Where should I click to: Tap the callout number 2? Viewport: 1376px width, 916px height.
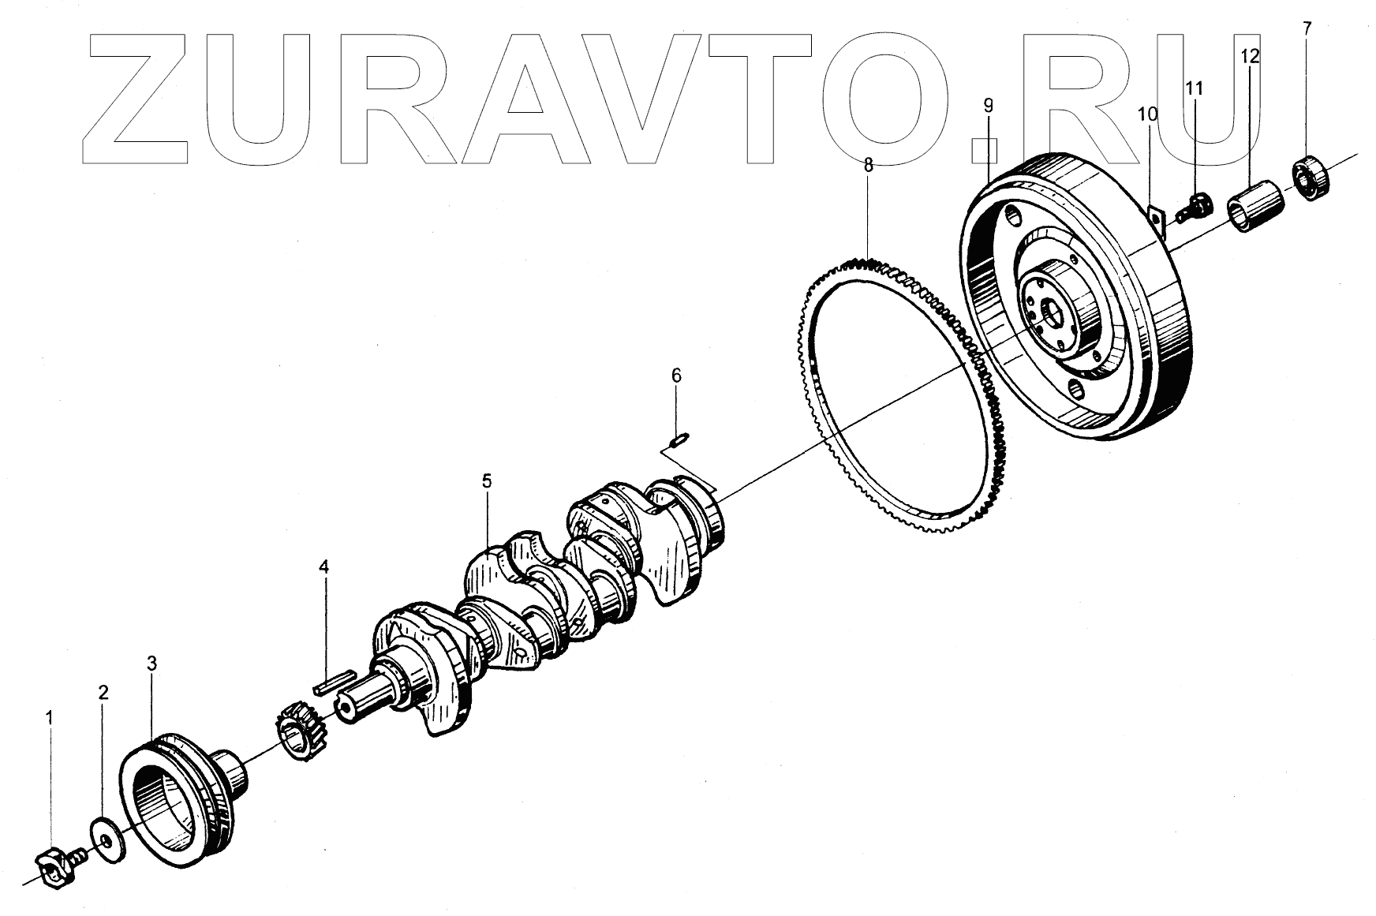tap(103, 693)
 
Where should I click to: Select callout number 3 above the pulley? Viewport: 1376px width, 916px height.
tap(151, 664)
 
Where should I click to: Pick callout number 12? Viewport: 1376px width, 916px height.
tap(1250, 56)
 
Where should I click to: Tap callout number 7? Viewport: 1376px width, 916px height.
tap(1307, 29)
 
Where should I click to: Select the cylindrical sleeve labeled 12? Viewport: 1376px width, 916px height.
tap(1255, 207)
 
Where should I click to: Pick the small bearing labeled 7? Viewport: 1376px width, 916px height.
tap(1312, 178)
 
